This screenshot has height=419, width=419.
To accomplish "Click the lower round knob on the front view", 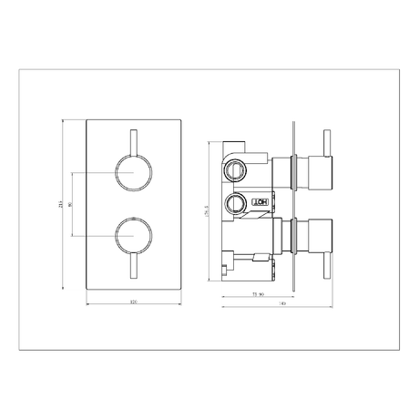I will [x=132, y=237].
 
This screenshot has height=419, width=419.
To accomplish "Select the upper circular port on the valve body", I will [x=236, y=169].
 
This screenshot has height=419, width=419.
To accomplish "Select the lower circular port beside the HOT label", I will [x=237, y=203].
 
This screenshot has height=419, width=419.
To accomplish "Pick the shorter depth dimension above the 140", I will [x=259, y=294].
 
